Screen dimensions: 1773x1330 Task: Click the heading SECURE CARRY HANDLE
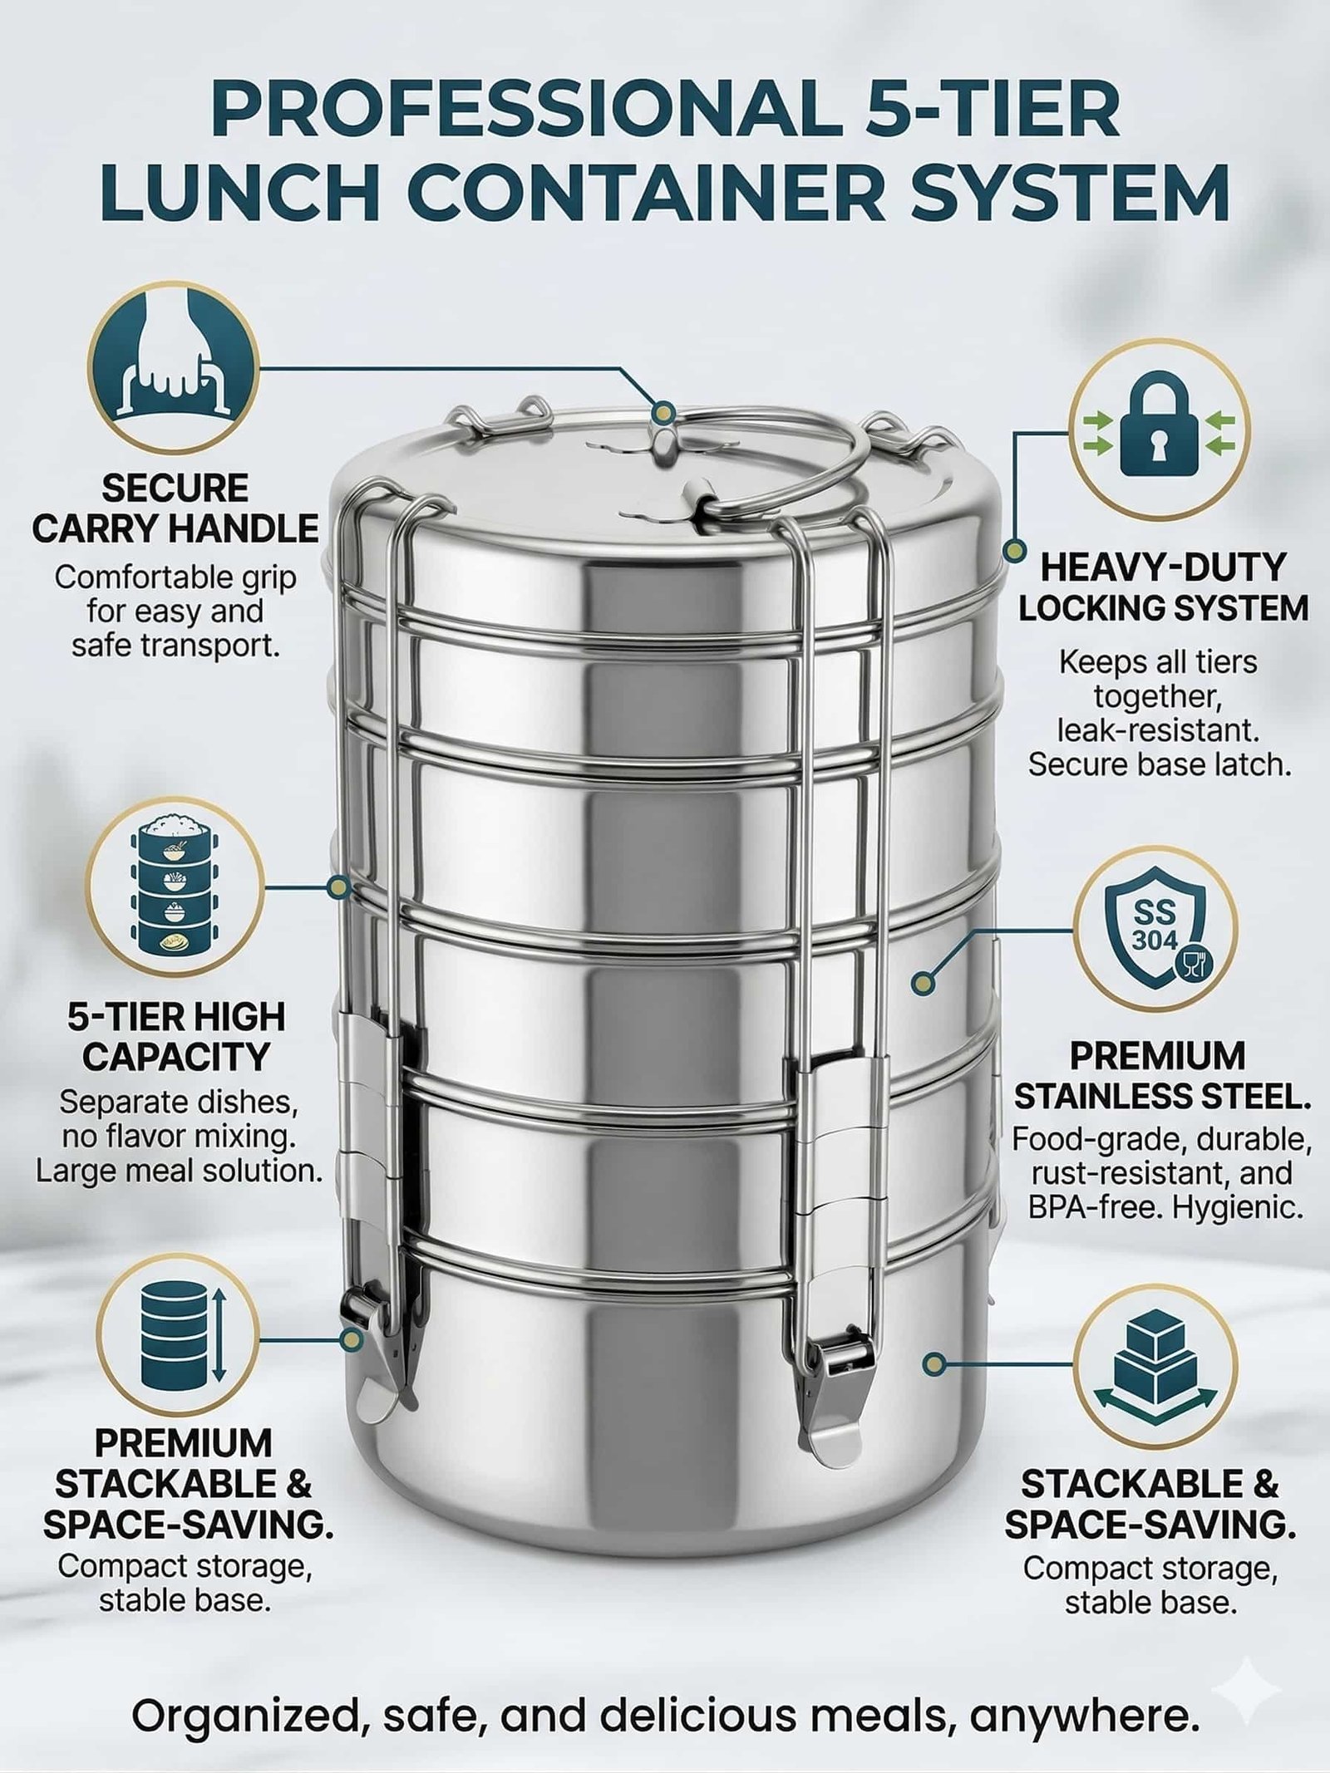click(175, 508)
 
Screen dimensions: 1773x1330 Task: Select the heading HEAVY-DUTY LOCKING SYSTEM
click(1164, 588)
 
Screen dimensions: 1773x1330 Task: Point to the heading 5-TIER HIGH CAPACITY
click(176, 1037)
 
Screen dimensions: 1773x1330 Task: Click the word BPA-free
click(1095, 1207)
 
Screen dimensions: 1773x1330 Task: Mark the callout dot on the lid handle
click(663, 411)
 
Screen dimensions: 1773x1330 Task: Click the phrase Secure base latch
click(1160, 764)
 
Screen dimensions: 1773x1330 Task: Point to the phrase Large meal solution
click(179, 1171)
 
